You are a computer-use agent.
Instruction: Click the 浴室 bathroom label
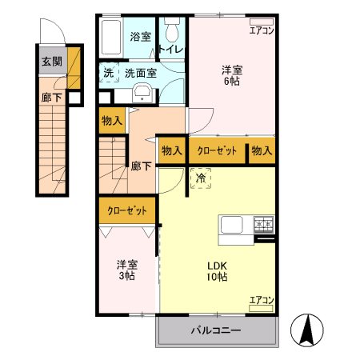coord(139,36)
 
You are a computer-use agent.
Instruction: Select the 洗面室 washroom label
coord(140,73)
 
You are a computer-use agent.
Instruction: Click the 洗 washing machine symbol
coord(109,73)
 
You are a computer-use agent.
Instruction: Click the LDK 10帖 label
coord(218,271)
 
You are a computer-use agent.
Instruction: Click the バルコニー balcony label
coord(216,330)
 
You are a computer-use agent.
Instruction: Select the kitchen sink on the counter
coord(233,225)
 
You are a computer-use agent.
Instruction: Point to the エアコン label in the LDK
coord(261,300)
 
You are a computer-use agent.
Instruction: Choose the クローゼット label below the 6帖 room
coord(217,150)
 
